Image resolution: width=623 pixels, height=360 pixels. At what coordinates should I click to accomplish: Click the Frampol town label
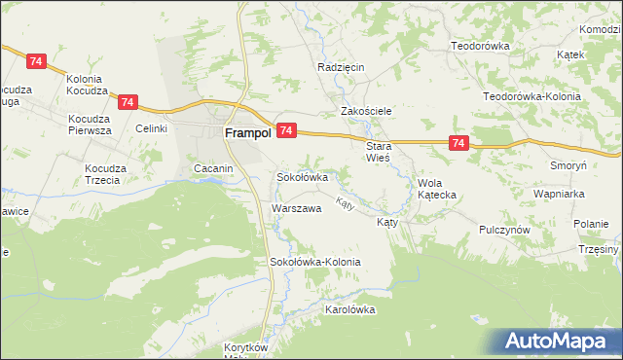[248, 134]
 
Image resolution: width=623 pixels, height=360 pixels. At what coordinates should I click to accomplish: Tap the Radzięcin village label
[341, 67]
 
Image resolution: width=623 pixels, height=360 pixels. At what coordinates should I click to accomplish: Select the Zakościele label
[365, 111]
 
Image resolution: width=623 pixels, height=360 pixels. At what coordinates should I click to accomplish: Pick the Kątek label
[570, 54]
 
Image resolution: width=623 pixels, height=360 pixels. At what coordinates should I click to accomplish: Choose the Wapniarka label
[558, 194]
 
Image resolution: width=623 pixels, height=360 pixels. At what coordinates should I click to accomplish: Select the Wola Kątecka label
[436, 189]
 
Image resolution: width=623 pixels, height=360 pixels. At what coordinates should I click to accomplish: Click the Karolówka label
[349, 309]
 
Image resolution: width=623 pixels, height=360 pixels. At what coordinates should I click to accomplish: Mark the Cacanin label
[213, 169]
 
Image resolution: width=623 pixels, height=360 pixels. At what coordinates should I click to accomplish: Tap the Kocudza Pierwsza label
[90, 125]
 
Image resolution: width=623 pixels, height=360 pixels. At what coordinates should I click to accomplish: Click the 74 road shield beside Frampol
[286, 129]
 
